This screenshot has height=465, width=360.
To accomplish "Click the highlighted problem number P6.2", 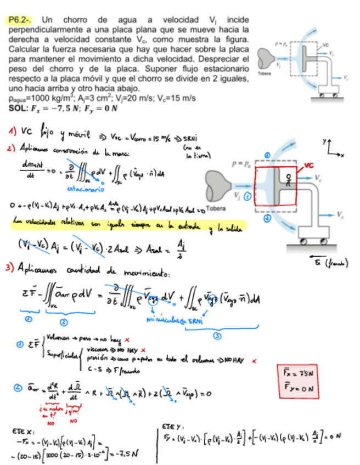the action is [18, 20].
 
